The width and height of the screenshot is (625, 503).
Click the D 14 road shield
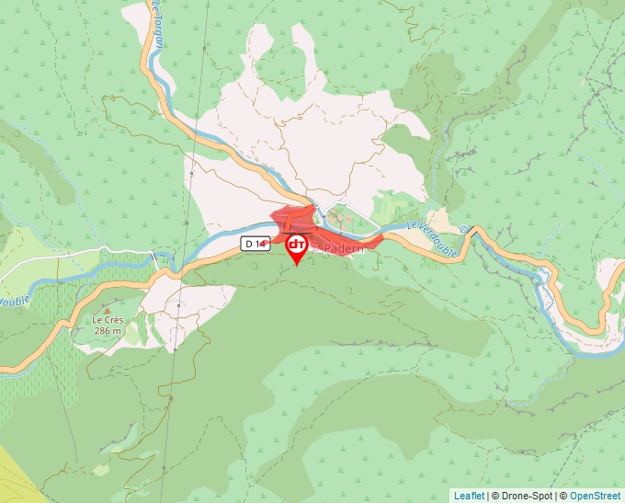(255, 244)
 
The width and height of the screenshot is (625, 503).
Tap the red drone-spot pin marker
(297, 247)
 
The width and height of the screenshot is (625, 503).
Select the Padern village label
(345, 248)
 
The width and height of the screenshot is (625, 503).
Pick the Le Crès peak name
(108, 320)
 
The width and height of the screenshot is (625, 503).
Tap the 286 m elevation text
(108, 330)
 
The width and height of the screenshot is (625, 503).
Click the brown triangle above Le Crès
(108, 309)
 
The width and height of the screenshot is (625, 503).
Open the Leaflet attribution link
(469, 496)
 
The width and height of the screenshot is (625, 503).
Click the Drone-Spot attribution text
(521, 496)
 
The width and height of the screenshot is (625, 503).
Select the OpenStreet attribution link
(596, 496)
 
